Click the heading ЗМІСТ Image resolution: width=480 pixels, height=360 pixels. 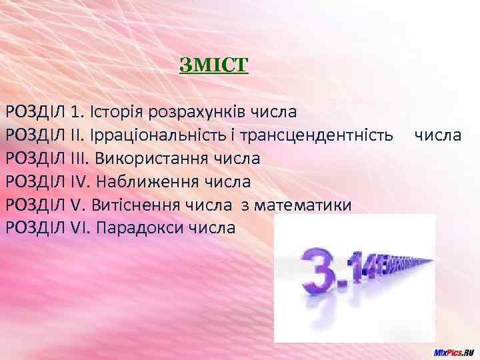pos(213,66)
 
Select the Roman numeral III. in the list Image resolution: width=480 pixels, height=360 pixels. pos(81,158)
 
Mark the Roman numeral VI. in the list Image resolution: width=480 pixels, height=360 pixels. pos(81,228)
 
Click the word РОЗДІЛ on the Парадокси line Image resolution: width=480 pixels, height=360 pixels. pos(35,228)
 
